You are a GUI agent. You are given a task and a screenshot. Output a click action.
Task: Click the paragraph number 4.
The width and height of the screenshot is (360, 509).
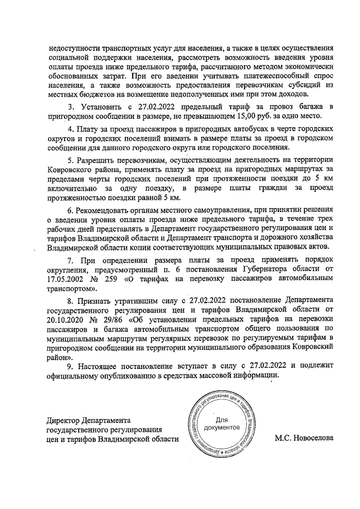[70, 128]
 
